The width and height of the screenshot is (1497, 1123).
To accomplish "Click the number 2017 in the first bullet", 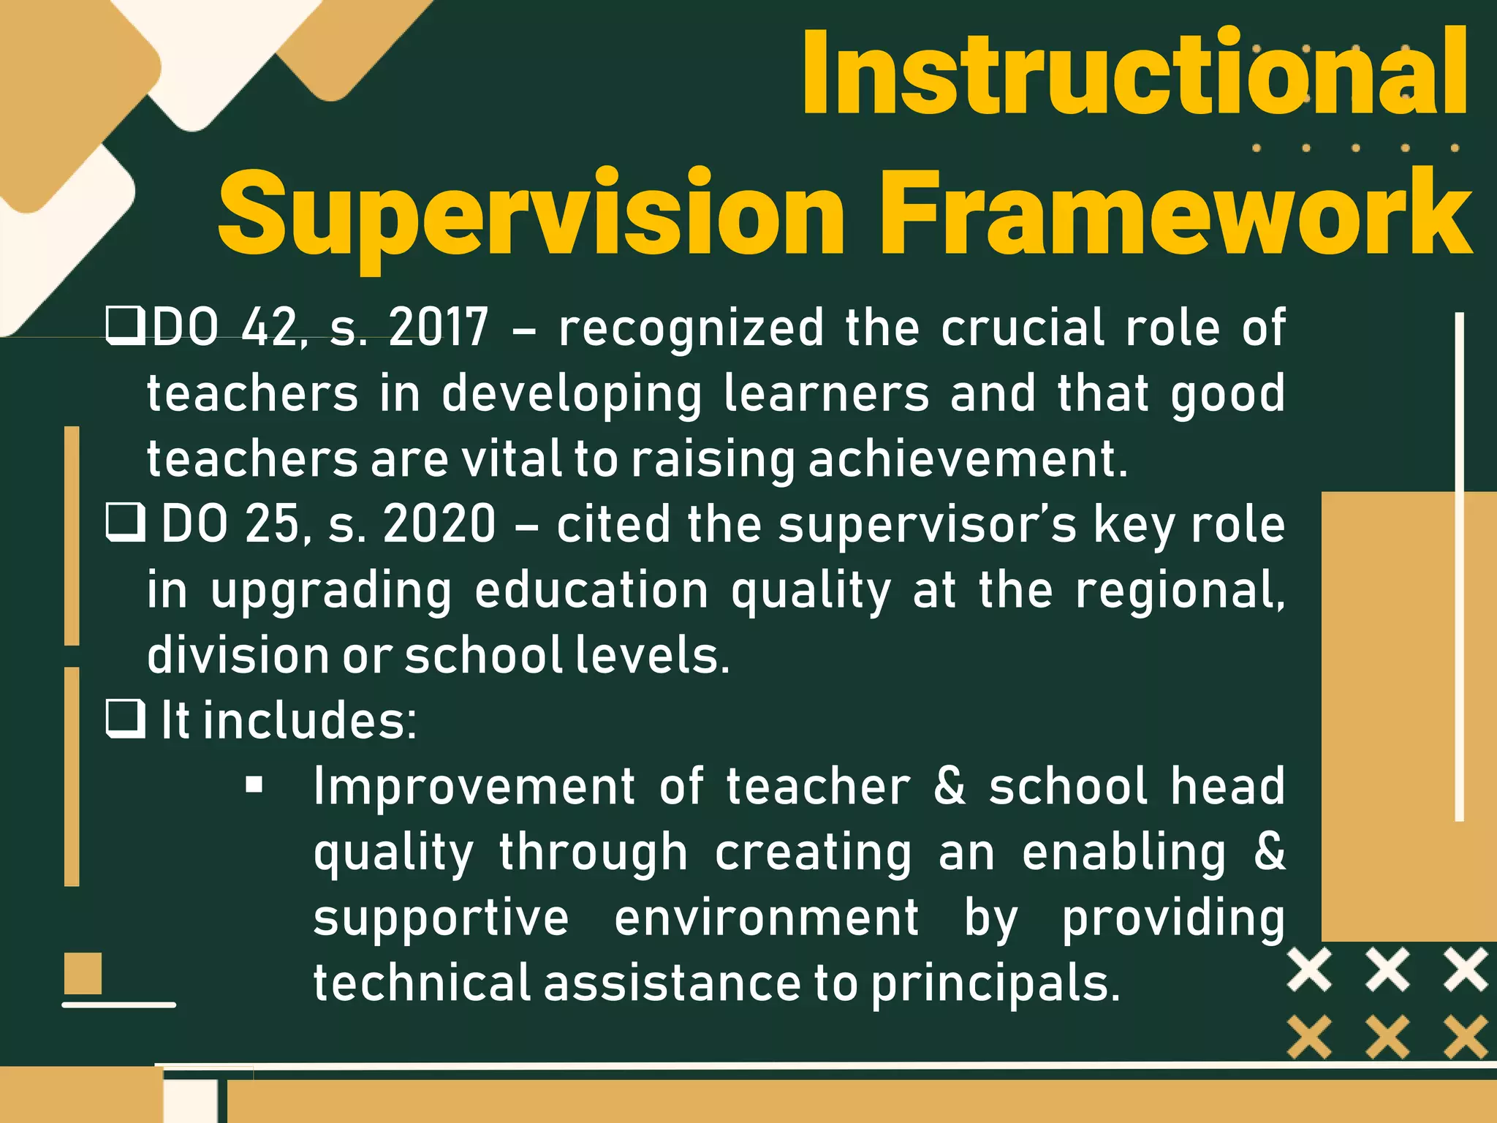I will [x=439, y=328].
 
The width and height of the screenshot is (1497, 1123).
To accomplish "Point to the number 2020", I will [x=439, y=524].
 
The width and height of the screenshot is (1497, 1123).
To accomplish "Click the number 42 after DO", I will [x=270, y=328].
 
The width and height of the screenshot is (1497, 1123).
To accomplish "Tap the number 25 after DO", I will [x=270, y=524].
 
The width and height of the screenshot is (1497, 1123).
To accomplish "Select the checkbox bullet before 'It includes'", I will [x=126, y=719].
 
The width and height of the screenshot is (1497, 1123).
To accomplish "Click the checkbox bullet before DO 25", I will [x=126, y=523].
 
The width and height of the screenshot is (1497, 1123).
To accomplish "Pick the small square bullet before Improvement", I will [x=254, y=786].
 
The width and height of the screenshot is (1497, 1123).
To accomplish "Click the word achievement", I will [x=968, y=459].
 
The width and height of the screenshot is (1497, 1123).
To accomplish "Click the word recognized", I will [x=691, y=328].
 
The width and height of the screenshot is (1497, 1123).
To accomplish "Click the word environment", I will [x=766, y=918].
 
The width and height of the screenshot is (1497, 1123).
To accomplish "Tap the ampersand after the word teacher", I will [x=950, y=786].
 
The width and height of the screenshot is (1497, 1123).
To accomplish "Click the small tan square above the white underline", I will [x=83, y=973].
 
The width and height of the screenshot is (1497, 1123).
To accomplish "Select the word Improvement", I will [x=474, y=786].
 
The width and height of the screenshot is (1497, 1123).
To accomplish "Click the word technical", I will [x=421, y=983].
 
